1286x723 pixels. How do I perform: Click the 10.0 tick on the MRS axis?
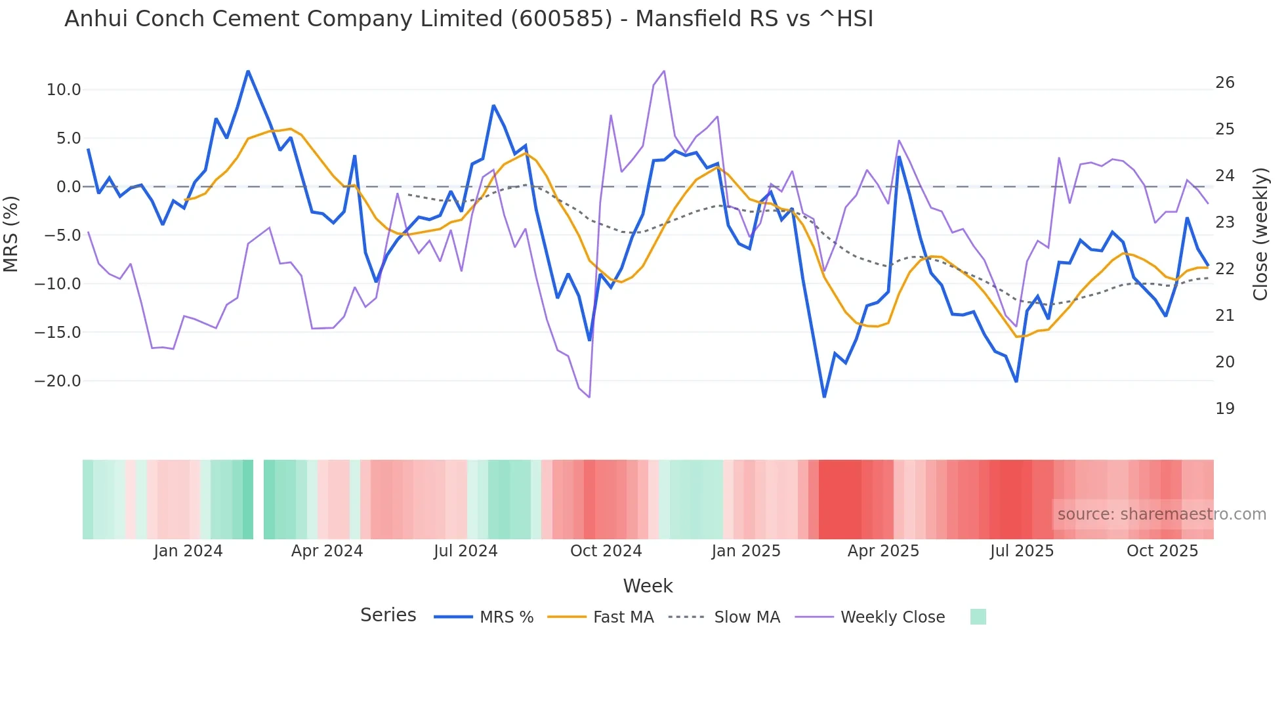pos(63,90)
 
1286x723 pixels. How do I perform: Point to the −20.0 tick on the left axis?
pos(58,381)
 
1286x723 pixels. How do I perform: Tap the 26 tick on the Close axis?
pos(1224,83)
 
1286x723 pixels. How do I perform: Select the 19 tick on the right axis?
pos(1224,409)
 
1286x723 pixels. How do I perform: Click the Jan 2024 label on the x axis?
pos(188,551)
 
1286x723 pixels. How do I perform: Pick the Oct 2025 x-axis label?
pos(1162,551)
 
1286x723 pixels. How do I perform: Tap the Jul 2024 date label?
pos(465,551)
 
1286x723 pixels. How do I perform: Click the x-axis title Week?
pos(648,586)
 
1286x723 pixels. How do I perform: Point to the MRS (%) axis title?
pos(11,234)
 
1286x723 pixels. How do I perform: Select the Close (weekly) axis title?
pos(1260,234)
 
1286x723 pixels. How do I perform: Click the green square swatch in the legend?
pos(978,617)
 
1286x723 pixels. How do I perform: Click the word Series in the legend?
pos(388,615)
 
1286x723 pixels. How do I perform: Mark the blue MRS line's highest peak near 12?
pos(248,71)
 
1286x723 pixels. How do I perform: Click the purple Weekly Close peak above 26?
pos(664,71)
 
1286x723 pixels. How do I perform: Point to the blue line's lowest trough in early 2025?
pos(824,396)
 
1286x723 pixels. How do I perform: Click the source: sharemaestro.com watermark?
pos(1161,514)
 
